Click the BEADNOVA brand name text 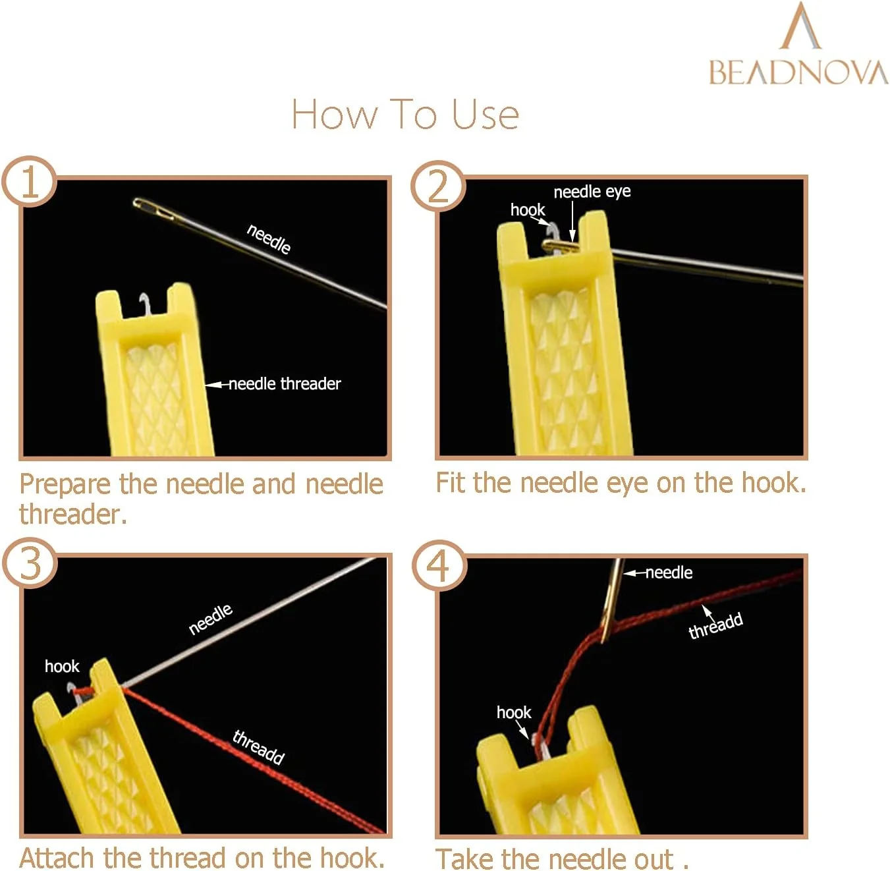(x=798, y=72)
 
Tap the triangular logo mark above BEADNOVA (x=800, y=25)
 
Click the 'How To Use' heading (x=405, y=114)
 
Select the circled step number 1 (x=30, y=182)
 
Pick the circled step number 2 (x=438, y=186)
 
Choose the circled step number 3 (x=30, y=564)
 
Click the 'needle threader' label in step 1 (x=285, y=384)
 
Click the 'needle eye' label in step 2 (x=592, y=192)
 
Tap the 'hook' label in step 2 (x=527, y=210)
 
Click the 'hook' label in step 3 (x=62, y=667)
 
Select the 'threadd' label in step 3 (x=258, y=747)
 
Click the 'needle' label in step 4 (x=669, y=573)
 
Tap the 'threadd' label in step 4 (x=715, y=625)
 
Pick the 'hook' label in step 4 (x=514, y=713)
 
